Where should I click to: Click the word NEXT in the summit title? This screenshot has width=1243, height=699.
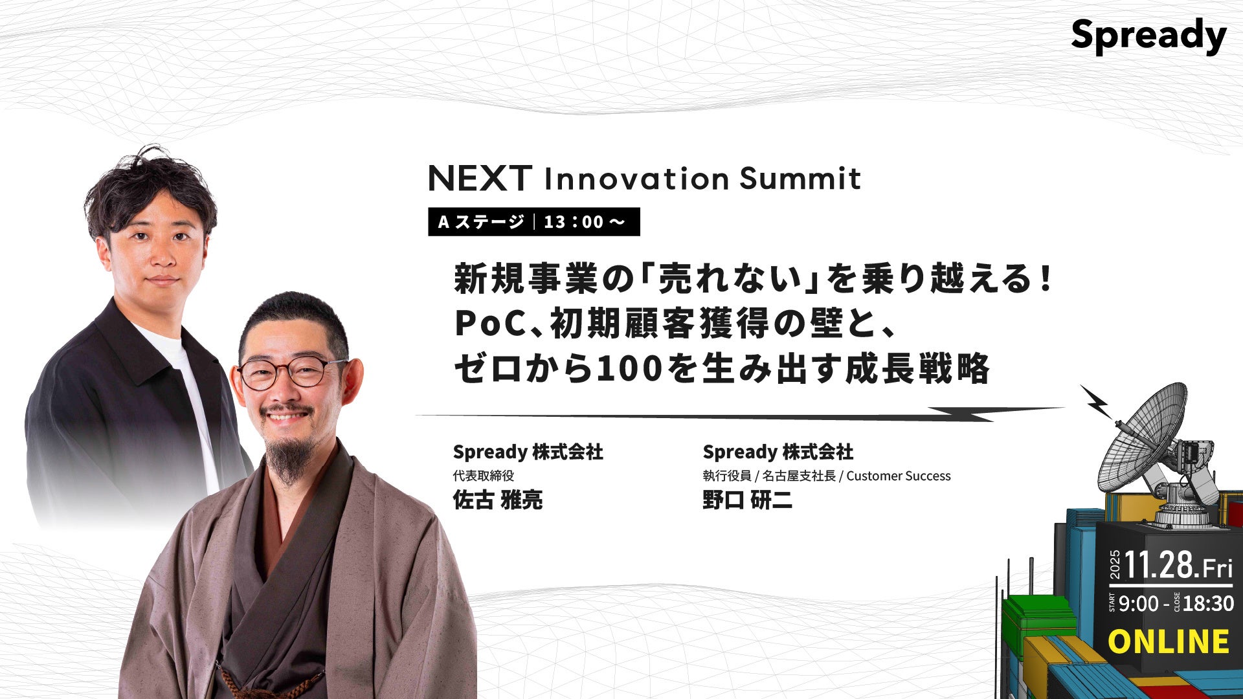(480, 178)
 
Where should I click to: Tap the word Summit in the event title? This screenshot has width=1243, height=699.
(800, 178)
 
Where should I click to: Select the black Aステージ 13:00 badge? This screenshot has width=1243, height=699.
(534, 221)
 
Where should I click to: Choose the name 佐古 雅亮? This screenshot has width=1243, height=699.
(497, 500)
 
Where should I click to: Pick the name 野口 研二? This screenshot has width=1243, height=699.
(747, 500)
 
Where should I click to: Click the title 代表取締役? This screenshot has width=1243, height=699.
(483, 476)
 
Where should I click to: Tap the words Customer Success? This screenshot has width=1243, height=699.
(899, 476)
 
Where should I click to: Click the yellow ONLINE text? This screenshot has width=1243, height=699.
(1169, 641)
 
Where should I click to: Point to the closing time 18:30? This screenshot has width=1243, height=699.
(1209, 603)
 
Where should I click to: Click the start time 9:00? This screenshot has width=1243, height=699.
(1138, 603)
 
